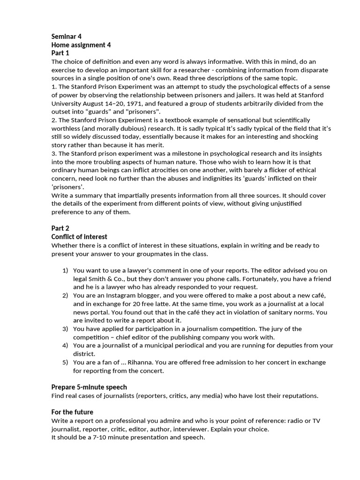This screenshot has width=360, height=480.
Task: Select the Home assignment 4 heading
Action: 81,45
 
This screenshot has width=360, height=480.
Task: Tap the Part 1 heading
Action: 60,53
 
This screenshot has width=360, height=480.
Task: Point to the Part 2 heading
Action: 60,228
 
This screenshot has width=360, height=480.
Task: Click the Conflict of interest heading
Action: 79,237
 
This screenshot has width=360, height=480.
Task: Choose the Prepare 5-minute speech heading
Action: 89,387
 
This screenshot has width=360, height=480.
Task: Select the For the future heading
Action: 72,412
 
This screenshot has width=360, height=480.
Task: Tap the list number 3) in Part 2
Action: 66,329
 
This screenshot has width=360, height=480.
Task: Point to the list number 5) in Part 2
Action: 66,362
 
